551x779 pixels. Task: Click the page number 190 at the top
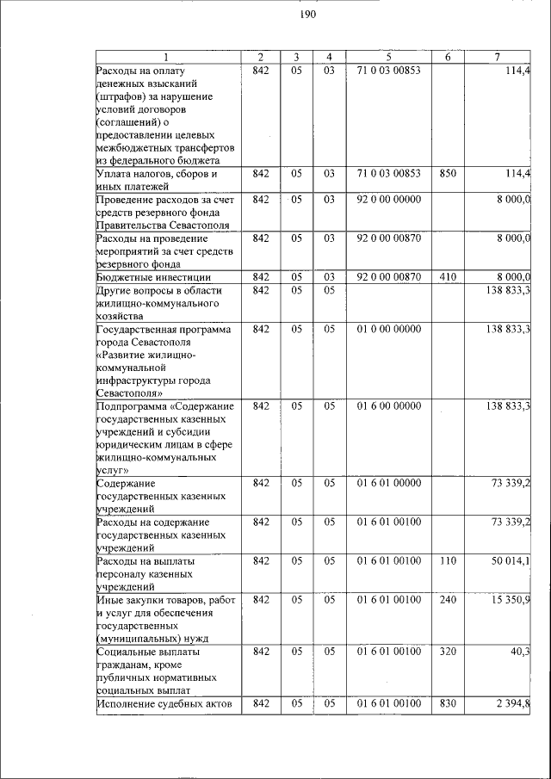308,15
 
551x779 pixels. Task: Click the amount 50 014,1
509,561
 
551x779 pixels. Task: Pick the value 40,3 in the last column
520,652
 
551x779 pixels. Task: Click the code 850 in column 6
447,173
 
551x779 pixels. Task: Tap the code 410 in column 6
447,276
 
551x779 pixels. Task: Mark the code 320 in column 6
447,652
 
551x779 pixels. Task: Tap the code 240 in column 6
447,599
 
